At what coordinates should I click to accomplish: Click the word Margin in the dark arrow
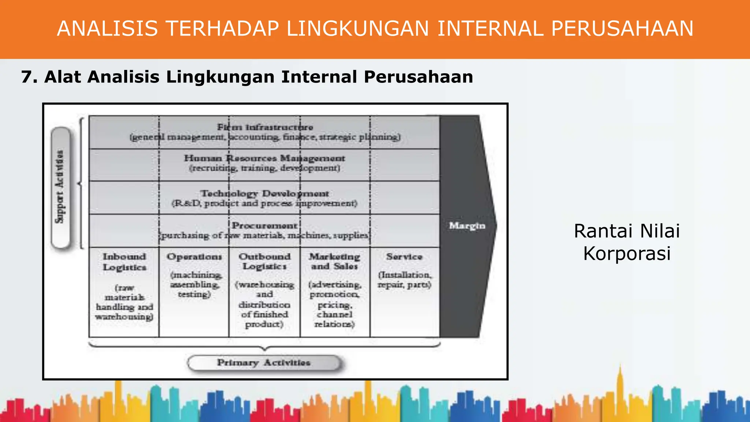point(467,226)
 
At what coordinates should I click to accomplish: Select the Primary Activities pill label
point(264,363)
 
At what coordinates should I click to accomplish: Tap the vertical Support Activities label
point(60,187)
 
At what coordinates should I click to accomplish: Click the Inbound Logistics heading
point(124,262)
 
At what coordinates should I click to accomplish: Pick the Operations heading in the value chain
point(194,257)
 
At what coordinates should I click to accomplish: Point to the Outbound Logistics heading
point(264,261)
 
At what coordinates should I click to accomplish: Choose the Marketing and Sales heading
point(334,261)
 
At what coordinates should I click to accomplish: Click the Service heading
point(404,257)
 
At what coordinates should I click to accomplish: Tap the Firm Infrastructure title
point(265,127)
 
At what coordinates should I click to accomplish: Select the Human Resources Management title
point(264,158)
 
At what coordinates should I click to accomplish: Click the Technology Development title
point(264,193)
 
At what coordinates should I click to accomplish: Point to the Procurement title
point(264,225)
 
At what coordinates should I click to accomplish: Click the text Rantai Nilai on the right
point(627,231)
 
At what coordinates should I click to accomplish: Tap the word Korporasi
point(627,253)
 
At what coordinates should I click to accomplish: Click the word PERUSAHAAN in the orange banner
point(622,29)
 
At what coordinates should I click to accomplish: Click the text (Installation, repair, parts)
point(404,280)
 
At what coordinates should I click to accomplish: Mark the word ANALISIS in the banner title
point(107,29)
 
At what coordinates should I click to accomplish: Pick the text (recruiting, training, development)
point(264,168)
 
